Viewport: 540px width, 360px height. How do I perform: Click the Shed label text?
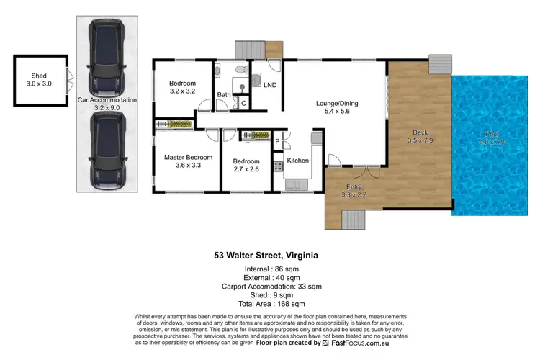tap(38, 76)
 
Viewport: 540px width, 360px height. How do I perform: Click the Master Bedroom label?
tap(188, 157)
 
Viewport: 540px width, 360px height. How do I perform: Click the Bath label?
tap(224, 94)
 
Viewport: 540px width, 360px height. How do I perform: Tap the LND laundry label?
tap(270, 85)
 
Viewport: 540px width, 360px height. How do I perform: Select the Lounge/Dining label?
tap(337, 103)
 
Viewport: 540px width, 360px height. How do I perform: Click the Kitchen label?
tap(298, 161)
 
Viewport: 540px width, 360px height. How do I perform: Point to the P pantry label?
tap(277, 142)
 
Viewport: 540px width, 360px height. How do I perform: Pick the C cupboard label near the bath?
tap(243, 104)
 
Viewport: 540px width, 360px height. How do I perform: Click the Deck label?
tap(420, 132)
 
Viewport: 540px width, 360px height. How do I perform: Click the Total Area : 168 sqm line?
tap(269, 302)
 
